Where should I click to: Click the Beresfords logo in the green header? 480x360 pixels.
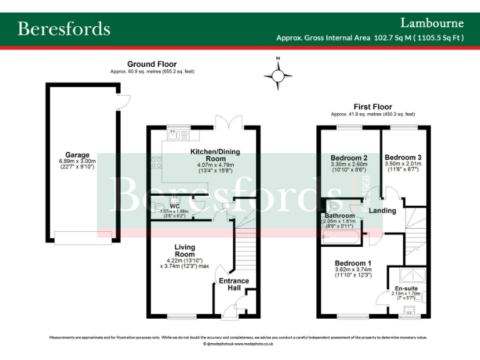(64, 29)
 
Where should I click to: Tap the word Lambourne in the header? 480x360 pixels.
(432, 23)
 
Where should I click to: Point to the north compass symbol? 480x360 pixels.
(278, 75)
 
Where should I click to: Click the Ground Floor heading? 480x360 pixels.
(152, 64)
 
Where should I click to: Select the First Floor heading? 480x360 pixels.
(372, 107)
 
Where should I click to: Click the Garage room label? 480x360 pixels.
(77, 155)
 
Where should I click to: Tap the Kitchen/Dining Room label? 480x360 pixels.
(214, 155)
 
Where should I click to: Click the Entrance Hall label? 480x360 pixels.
(234, 284)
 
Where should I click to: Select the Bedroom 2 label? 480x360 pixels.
(348, 157)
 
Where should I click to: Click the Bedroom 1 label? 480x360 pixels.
(353, 263)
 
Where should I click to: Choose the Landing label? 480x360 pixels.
(382, 211)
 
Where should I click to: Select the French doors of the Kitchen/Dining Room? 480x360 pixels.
(227, 121)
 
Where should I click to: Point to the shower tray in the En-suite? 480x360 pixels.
(410, 274)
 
